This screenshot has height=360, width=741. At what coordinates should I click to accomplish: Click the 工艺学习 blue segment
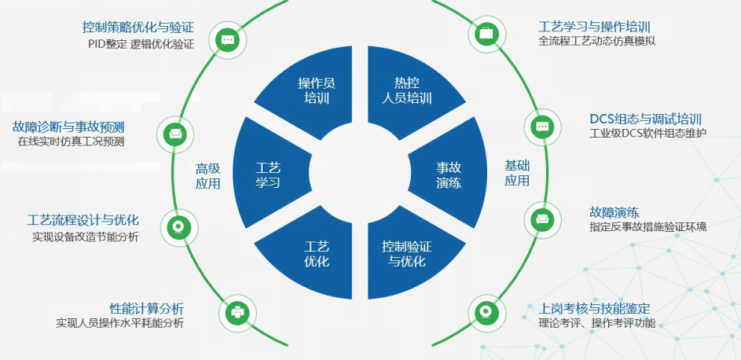click(268, 174)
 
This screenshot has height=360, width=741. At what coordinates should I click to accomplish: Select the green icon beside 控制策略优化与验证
click(228, 39)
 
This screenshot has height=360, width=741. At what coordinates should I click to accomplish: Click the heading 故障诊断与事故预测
click(68, 127)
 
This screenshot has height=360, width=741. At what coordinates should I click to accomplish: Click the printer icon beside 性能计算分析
click(237, 312)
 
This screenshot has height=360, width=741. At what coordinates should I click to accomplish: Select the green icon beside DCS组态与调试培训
click(541, 126)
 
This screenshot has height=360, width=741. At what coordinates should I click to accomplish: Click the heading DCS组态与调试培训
click(645, 119)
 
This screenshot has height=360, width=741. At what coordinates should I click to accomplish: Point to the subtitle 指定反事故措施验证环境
click(647, 227)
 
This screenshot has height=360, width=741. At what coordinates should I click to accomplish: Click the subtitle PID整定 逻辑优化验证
click(141, 44)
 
